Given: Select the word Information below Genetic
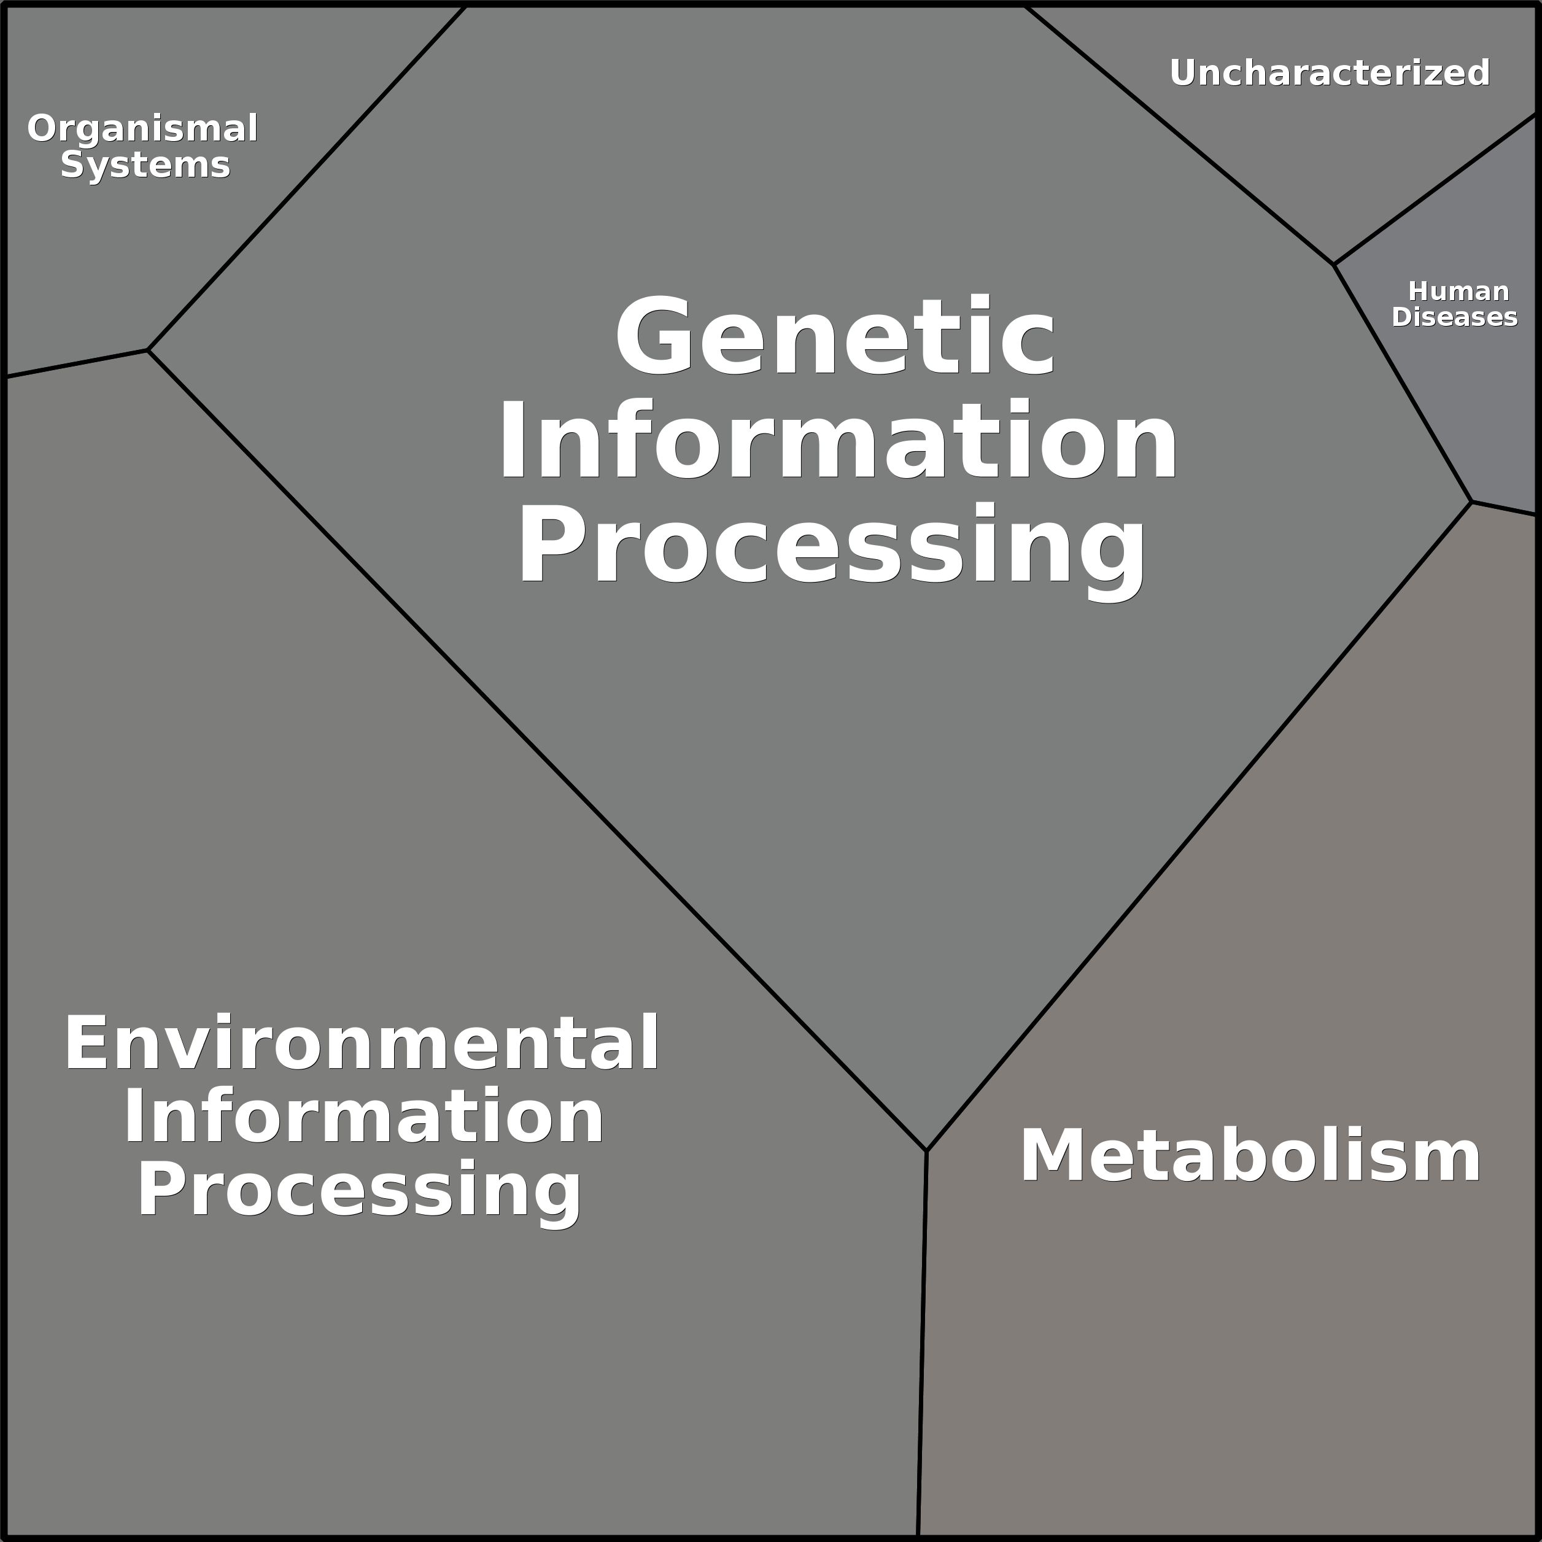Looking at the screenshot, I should (x=838, y=441).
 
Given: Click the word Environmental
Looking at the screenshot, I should (x=362, y=1043).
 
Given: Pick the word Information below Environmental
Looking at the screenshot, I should (x=363, y=1117).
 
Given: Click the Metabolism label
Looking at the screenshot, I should (x=1250, y=1156).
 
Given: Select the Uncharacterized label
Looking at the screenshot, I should (x=1330, y=72).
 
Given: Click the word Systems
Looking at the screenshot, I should (x=145, y=165).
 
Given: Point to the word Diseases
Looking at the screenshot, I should (x=1454, y=317).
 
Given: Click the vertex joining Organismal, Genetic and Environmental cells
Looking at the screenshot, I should (x=148, y=349).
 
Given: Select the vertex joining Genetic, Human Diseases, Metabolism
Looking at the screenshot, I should (x=1471, y=502).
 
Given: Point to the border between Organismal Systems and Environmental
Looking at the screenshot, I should (x=76, y=363).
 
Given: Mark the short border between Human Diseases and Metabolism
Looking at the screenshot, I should (x=1505, y=508).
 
